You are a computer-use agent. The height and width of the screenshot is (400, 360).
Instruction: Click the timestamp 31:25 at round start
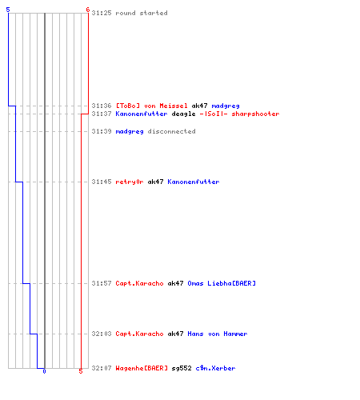pos(102,13)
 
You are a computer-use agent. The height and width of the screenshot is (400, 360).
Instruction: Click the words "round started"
pos(142,13)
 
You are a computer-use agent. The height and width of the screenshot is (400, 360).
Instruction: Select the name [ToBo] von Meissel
pos(151,106)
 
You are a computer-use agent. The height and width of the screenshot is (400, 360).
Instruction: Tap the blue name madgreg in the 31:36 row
pos(226,106)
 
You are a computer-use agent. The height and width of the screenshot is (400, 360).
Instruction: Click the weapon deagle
pos(183,114)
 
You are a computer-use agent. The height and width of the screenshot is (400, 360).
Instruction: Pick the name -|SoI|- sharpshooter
pos(239,114)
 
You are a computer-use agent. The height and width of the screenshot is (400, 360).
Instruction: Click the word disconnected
pos(171,131)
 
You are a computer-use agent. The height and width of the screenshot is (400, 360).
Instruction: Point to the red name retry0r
pos(130,182)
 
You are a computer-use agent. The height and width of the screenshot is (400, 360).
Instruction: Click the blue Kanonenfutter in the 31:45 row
pos(194,182)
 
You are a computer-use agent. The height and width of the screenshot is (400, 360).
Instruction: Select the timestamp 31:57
pos(102,283)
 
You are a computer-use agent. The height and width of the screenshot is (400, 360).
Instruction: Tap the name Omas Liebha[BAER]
pos(222,283)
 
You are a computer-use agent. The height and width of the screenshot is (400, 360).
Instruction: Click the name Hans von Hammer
pos(218,334)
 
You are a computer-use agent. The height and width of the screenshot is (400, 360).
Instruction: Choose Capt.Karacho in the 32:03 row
pos(139,334)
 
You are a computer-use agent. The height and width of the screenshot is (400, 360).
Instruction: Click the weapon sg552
pos(182,368)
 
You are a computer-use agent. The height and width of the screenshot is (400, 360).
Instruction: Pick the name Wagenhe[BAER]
pos(142,368)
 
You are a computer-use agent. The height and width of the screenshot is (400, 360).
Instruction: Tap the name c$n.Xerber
pos(215,368)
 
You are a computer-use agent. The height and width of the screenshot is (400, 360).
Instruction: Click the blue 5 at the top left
pos(8,10)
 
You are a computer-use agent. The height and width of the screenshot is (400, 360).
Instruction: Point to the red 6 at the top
pos(88,10)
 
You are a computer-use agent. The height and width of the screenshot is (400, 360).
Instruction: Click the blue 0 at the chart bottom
pos(44,371)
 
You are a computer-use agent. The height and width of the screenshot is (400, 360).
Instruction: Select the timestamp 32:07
pos(102,368)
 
